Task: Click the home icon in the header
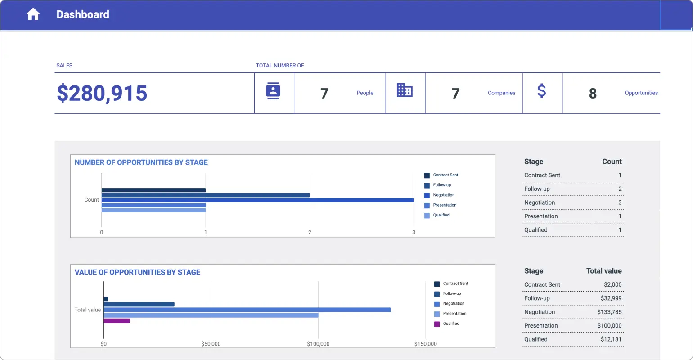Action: (x=33, y=14)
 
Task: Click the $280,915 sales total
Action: (x=102, y=93)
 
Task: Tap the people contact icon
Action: (x=273, y=91)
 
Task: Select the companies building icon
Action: (x=405, y=90)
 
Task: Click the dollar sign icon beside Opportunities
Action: (x=542, y=91)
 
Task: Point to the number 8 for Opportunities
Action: (x=593, y=94)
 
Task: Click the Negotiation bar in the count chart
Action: (x=257, y=200)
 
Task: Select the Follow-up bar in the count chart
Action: (x=206, y=195)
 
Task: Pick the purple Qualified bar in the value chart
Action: (x=117, y=321)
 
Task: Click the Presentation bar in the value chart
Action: (x=211, y=315)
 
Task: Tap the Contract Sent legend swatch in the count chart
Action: (x=427, y=175)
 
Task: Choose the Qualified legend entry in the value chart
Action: (x=451, y=324)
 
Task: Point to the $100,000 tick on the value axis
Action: (x=318, y=344)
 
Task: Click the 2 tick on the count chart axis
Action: (x=310, y=233)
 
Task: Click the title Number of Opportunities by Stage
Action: (x=141, y=162)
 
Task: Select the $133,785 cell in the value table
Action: (x=609, y=312)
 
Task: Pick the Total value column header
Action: (x=604, y=271)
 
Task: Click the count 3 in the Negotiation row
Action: (x=620, y=203)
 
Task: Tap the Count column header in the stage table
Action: (x=612, y=162)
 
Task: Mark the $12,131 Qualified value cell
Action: (x=611, y=340)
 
